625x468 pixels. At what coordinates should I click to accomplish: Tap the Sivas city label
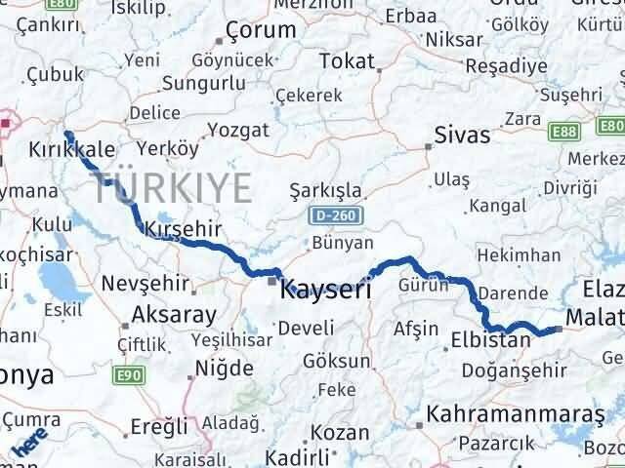pos(462,135)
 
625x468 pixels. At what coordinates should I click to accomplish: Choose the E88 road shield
pos(564,129)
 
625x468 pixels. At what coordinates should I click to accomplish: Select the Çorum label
pos(260,30)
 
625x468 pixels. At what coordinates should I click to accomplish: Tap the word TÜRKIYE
pos(176,186)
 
